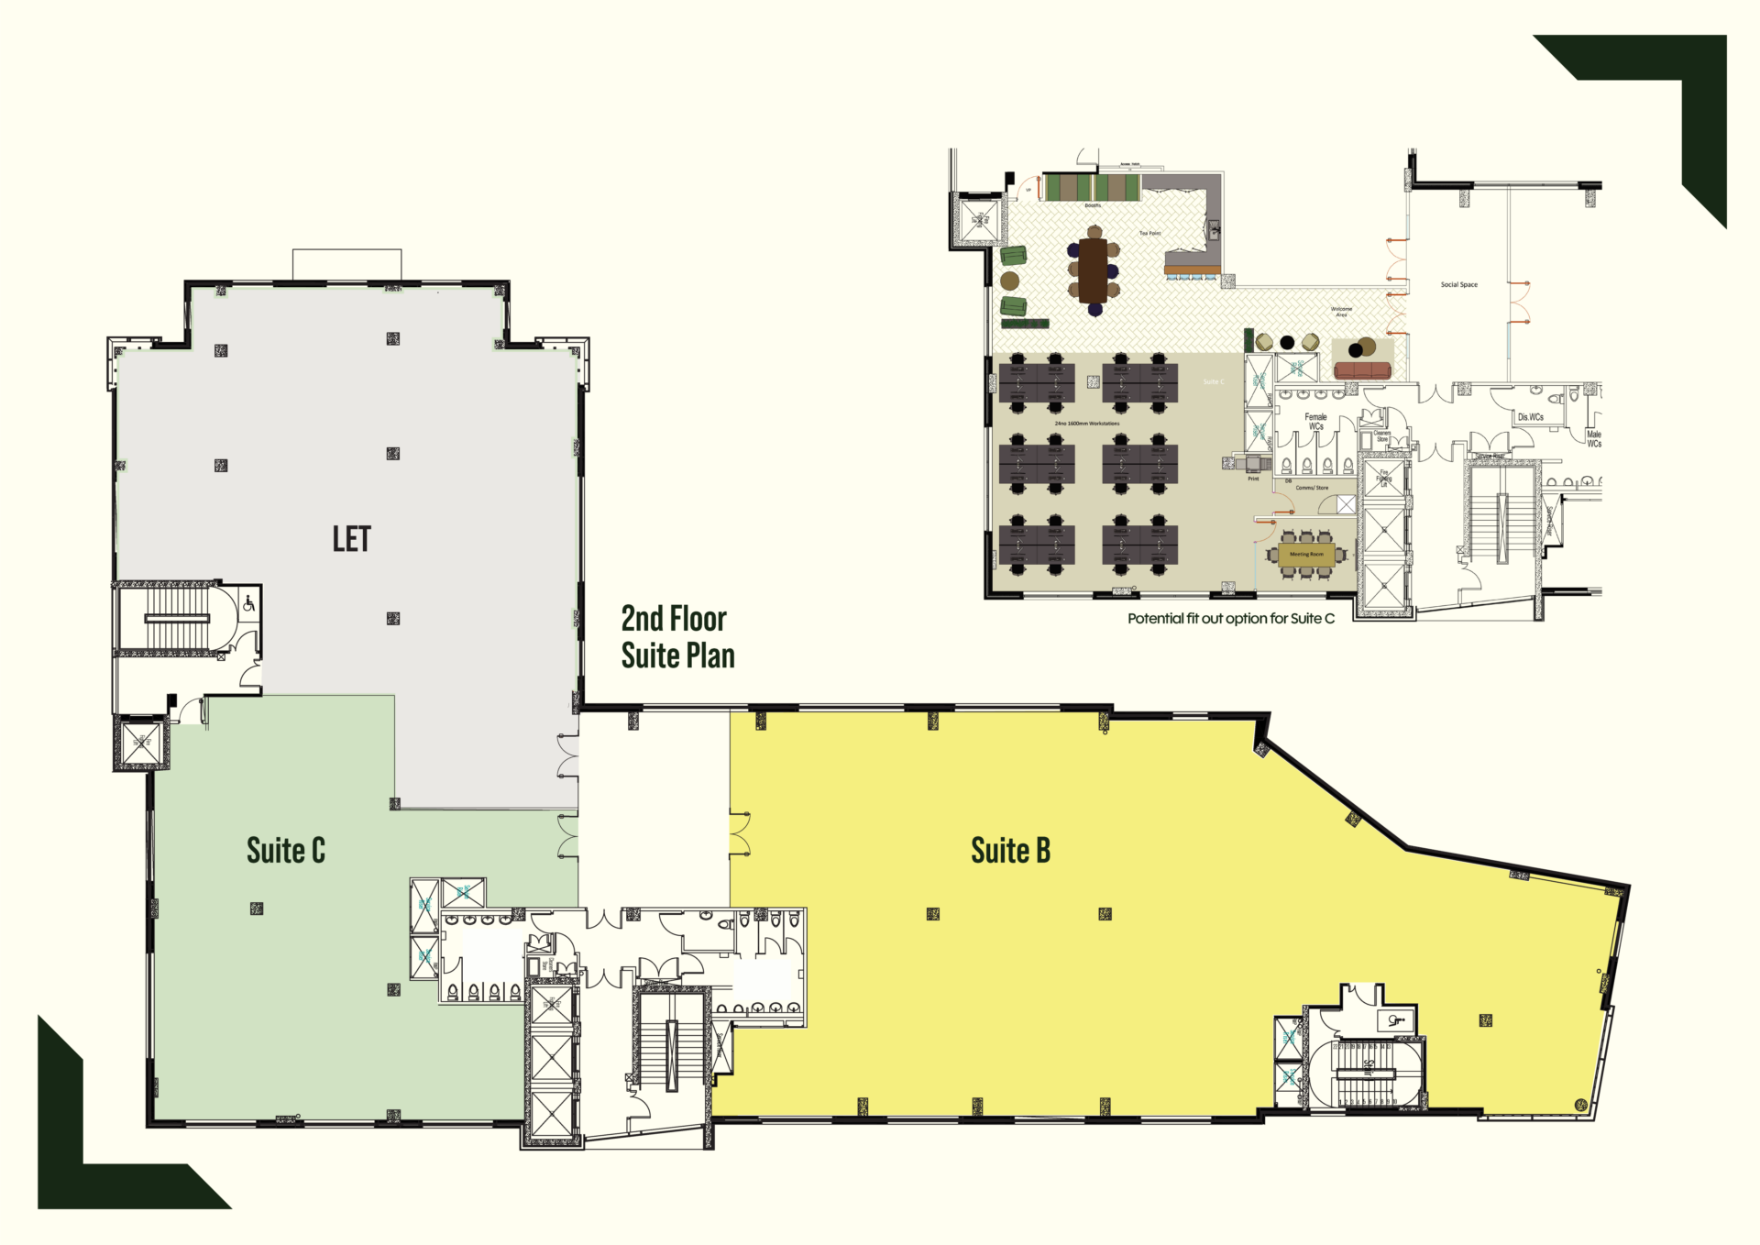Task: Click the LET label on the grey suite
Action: coord(351,539)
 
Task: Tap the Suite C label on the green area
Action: coord(285,851)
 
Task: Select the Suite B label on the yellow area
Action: coord(1010,851)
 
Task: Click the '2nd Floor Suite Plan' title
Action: coord(676,637)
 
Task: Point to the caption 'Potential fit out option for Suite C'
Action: coord(1230,619)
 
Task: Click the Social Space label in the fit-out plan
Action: coord(1458,285)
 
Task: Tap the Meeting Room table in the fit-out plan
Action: coord(1306,555)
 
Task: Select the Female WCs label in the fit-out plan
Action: coord(1315,421)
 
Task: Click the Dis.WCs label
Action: coord(1530,417)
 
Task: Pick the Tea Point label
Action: coord(1149,234)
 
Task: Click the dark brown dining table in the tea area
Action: coord(1093,270)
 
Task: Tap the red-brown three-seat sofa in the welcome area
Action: coord(1362,370)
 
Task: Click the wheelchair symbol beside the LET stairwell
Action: coord(248,603)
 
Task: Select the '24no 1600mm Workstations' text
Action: coord(1086,424)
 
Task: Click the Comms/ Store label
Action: coord(1312,488)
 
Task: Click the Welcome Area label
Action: coord(1341,312)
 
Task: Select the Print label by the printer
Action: coord(1253,479)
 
